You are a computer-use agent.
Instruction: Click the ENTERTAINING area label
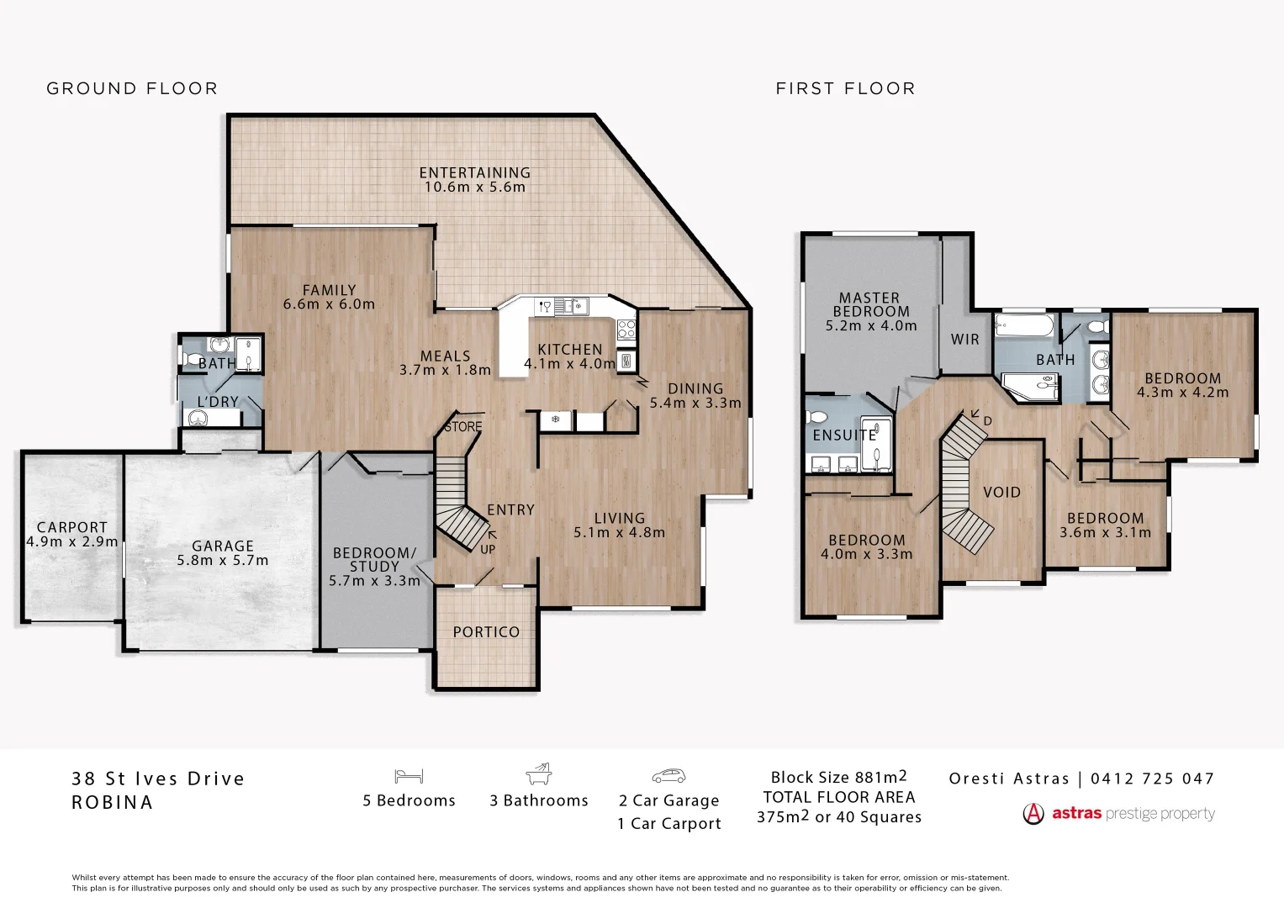click(x=474, y=173)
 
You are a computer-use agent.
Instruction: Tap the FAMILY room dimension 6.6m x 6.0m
click(x=329, y=304)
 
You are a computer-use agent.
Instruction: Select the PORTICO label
click(x=486, y=632)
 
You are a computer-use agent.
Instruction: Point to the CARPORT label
click(x=71, y=528)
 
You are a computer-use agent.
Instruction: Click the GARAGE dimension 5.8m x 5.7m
click(x=222, y=561)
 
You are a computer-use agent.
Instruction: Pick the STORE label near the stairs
click(x=463, y=427)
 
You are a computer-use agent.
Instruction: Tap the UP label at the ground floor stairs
click(x=488, y=550)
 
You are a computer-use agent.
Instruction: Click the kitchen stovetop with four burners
click(x=626, y=330)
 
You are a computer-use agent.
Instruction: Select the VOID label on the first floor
click(x=1001, y=493)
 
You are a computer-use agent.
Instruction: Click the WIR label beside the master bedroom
click(x=964, y=340)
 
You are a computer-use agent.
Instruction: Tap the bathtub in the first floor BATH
click(x=1023, y=325)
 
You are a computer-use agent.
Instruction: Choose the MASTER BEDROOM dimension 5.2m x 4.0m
click(x=870, y=326)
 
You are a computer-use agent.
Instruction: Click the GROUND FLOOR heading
click(x=132, y=88)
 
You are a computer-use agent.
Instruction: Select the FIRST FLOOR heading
click(x=845, y=88)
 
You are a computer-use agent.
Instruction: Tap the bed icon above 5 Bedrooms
click(x=409, y=776)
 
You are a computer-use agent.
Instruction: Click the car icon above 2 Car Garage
click(x=668, y=776)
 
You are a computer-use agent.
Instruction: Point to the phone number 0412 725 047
click(x=1152, y=779)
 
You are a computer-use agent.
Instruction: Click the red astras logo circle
click(x=1033, y=814)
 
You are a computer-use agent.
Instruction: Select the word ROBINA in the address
click(x=113, y=803)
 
